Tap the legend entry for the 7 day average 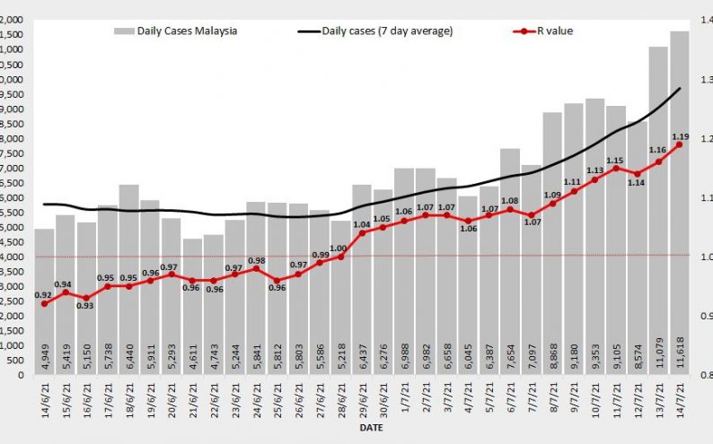374,31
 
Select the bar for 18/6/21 128,279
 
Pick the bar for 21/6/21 192,306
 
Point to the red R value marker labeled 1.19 680,144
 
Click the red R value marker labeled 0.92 44,303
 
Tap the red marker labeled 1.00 340,257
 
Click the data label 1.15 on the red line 615,160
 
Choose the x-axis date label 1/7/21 404,403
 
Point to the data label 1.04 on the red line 362,225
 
